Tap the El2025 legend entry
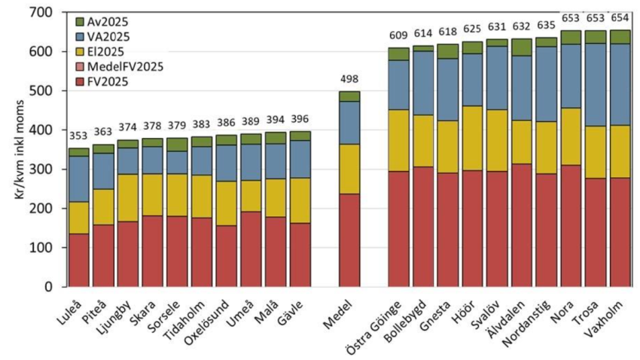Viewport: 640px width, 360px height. pyautogui.click(x=104, y=50)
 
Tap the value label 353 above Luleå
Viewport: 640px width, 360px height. pyautogui.click(x=78, y=136)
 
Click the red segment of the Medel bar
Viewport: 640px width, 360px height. pyautogui.click(x=349, y=239)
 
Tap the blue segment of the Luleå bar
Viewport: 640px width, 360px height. pyautogui.click(x=78, y=178)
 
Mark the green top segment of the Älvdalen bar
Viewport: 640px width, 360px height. pyautogui.click(x=521, y=47)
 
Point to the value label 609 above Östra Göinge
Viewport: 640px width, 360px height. pyautogui.click(x=399, y=36)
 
